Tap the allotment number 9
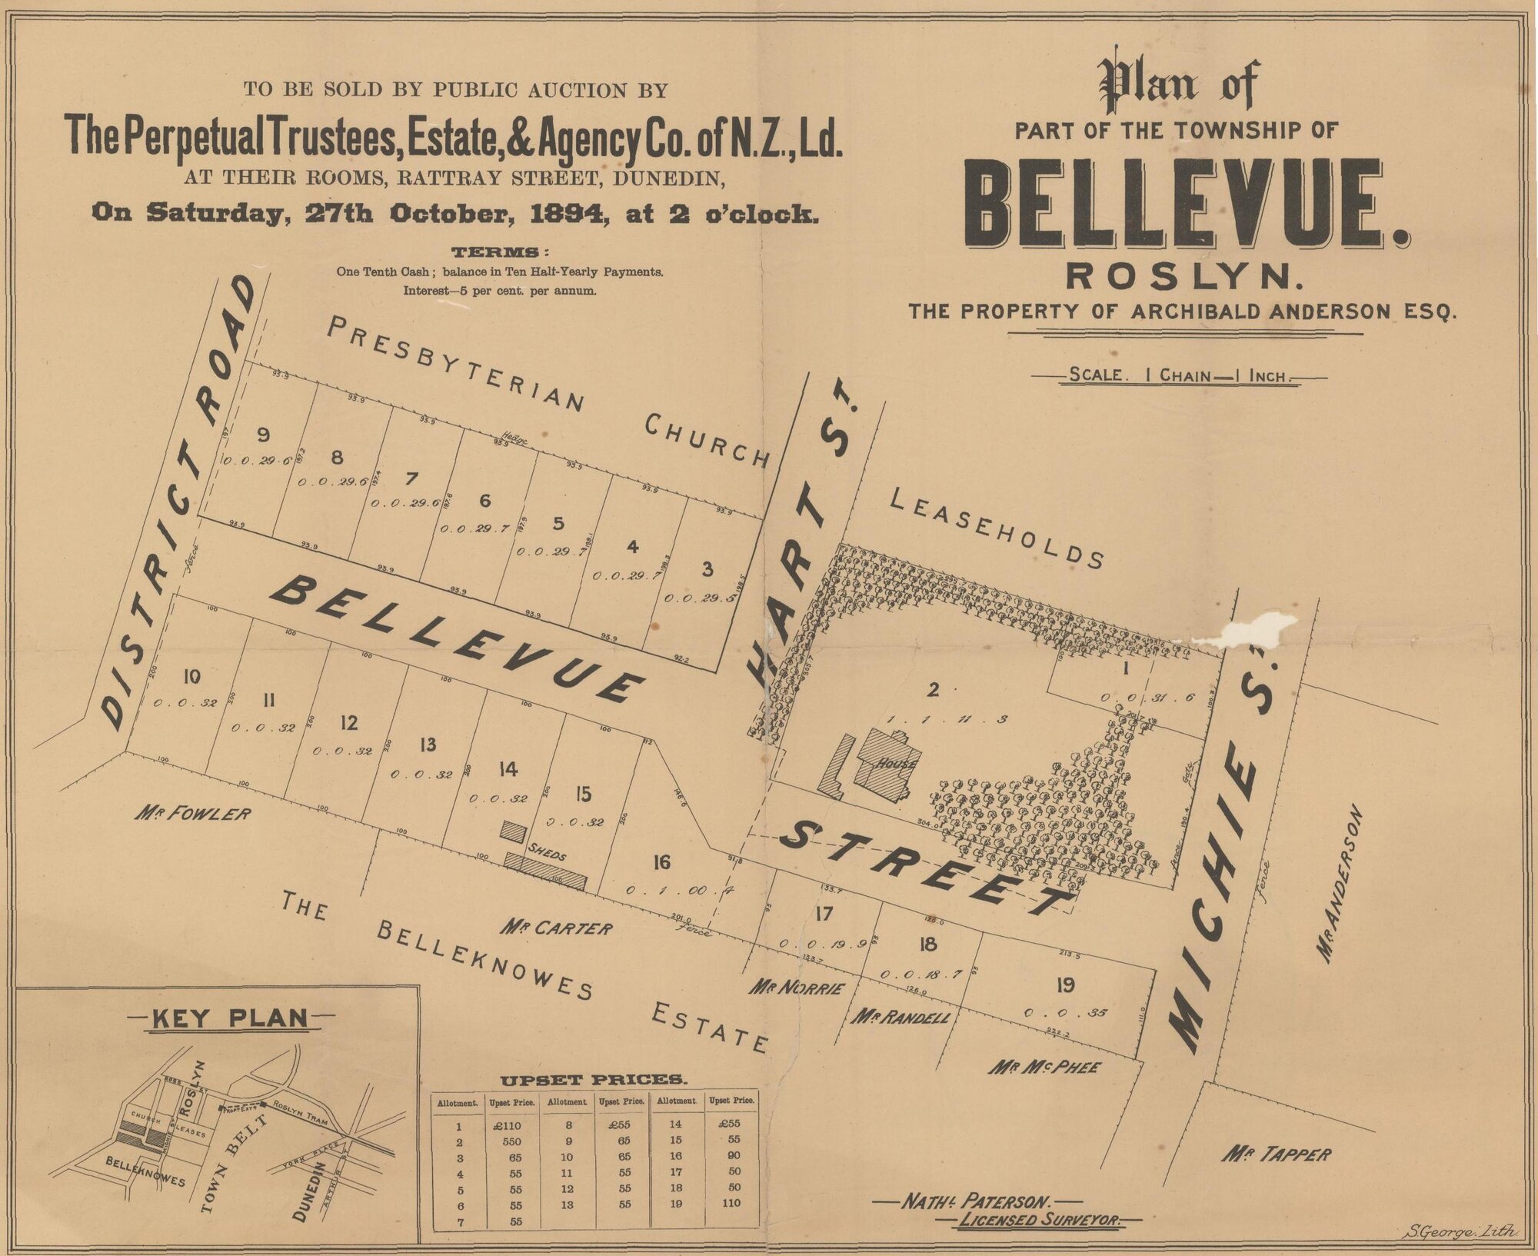263,435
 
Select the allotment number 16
661,862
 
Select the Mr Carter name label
557,928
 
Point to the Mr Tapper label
1276,1154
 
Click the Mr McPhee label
1044,1068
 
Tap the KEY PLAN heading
230,1018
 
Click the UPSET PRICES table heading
594,1080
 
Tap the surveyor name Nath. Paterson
977,1201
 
